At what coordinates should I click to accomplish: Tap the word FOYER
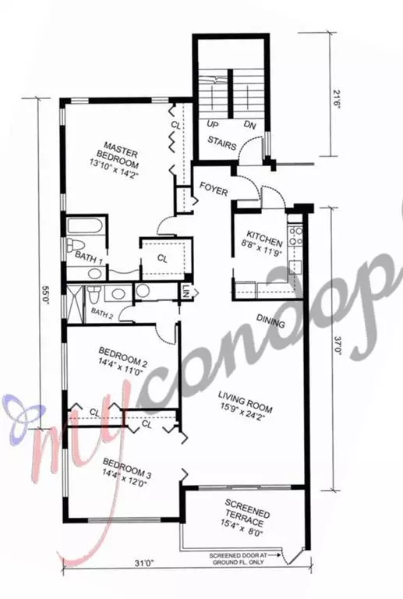214,187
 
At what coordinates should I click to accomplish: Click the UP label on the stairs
211,124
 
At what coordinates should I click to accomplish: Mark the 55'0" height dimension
47,296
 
